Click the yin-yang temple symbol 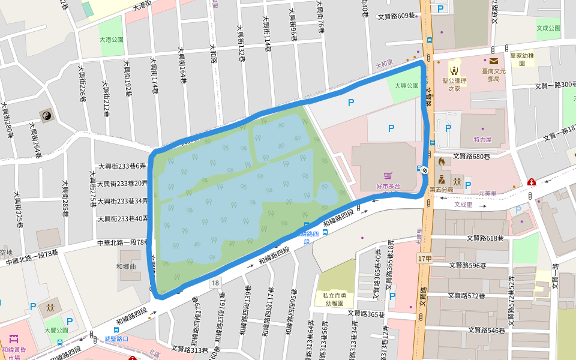pos(46,115)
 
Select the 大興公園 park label pos(406,86)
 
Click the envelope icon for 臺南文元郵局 pos(493,61)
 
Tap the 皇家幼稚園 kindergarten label pos(522,59)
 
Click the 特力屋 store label pos(482,139)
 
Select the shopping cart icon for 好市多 pos(388,176)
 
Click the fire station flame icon pos(442,161)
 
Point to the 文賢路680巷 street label pos(471,156)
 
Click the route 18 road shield pos(215,282)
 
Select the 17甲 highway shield pos(424,258)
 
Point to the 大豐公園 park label pos(56,330)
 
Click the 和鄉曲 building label pos(127,266)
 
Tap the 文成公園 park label pos(548,28)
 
